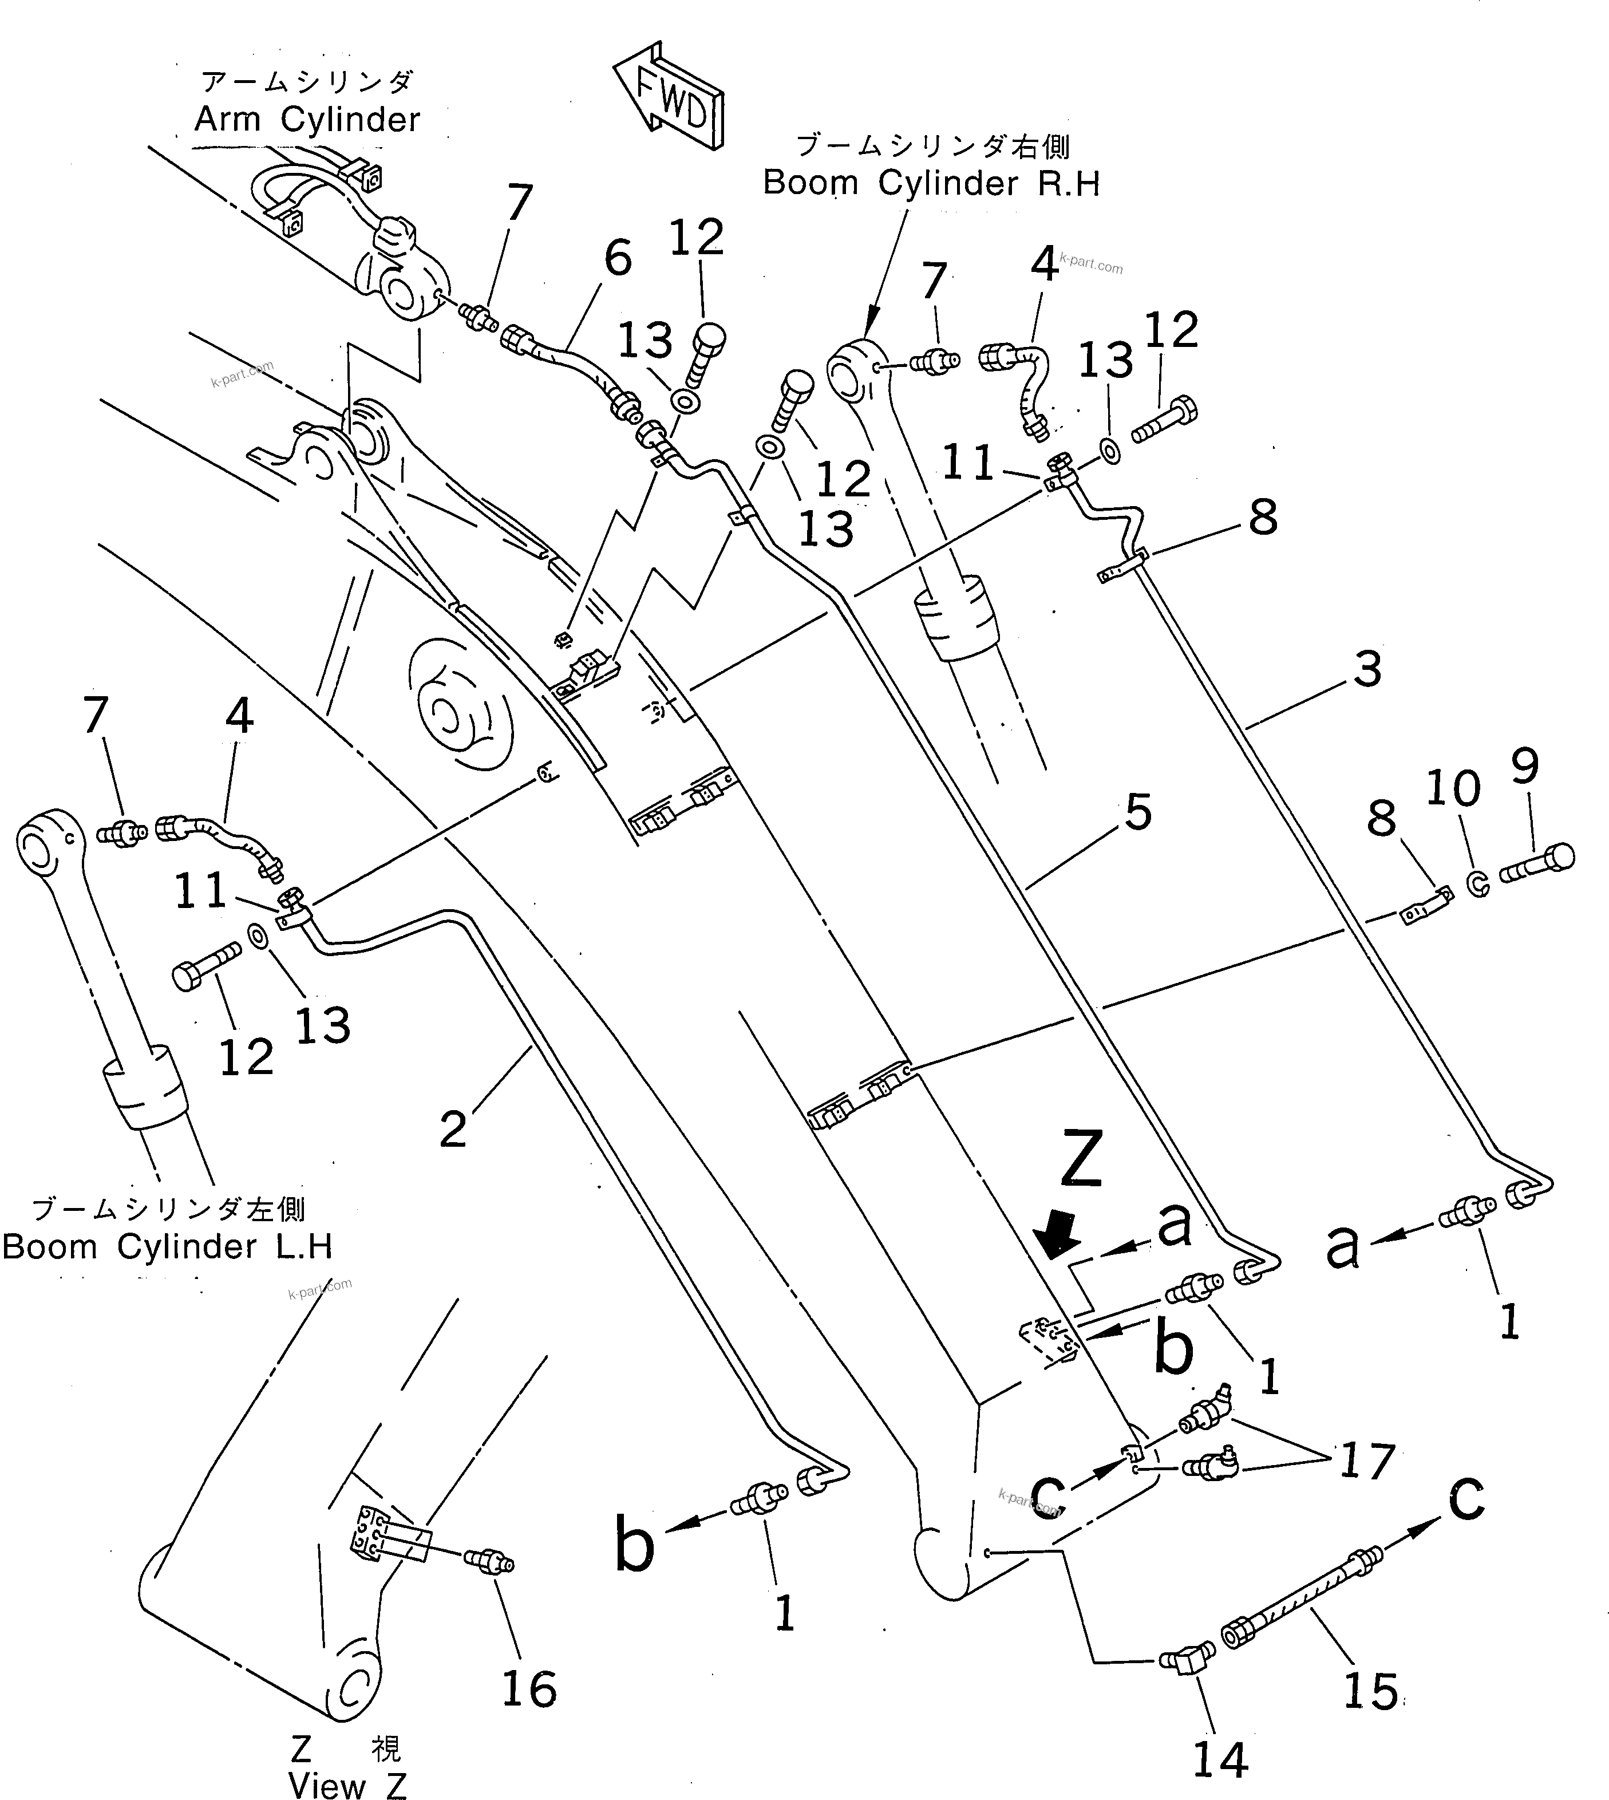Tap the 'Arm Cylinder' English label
[x=307, y=119]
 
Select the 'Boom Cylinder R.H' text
[x=931, y=184]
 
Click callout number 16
[x=529, y=1688]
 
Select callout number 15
[x=1370, y=1691]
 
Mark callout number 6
[x=617, y=258]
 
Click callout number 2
[x=453, y=1129]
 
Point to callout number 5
[x=1138, y=812]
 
